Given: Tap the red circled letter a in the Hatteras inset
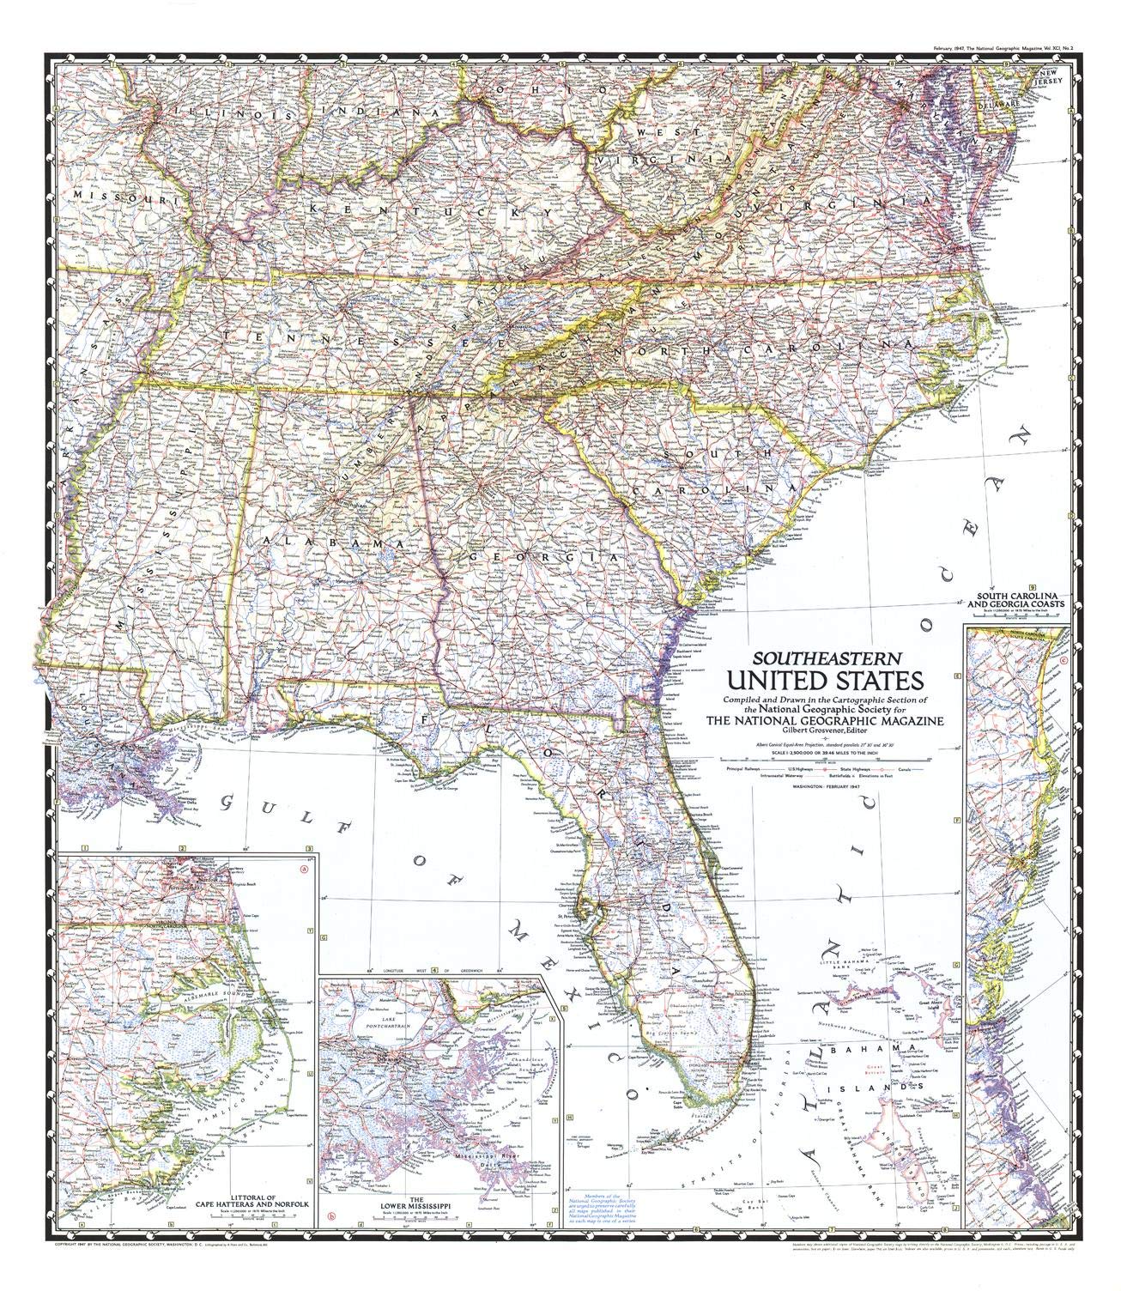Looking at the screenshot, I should point(302,868).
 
